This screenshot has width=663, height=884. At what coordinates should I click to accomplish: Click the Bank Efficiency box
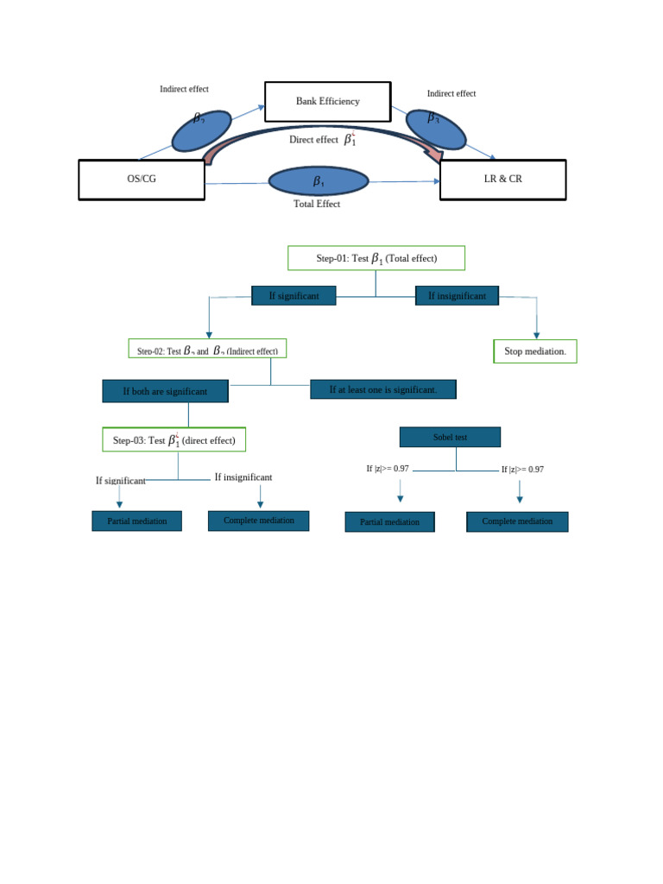[x=327, y=102]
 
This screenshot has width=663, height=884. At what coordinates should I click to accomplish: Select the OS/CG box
[x=142, y=180]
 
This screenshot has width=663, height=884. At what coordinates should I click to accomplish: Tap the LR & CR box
[x=502, y=180]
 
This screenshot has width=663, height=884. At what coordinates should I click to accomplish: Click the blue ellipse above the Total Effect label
[x=319, y=181]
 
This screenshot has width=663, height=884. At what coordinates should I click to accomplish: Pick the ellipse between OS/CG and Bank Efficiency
[x=201, y=131]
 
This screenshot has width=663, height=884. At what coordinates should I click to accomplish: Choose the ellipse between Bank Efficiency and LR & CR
[x=435, y=129]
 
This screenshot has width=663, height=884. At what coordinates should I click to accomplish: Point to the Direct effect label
[x=313, y=140]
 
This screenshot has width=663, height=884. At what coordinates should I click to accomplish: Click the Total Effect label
[x=317, y=205]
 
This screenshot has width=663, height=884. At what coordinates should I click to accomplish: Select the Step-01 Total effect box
[x=376, y=258]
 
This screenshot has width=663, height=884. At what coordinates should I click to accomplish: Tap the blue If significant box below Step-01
[x=294, y=296]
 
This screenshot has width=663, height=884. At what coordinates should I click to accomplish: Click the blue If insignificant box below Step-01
[x=457, y=296]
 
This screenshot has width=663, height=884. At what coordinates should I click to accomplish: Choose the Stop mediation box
[x=535, y=351]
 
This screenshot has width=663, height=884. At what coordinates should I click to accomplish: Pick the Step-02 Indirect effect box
[x=207, y=350]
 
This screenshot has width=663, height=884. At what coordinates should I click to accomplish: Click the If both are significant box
[x=165, y=391]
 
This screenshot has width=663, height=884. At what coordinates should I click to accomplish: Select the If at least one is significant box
[x=383, y=389]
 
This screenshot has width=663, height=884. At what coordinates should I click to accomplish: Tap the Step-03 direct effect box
[x=174, y=440]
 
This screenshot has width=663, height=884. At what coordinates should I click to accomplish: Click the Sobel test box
[x=450, y=438]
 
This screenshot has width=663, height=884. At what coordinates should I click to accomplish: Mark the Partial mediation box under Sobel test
[x=389, y=522]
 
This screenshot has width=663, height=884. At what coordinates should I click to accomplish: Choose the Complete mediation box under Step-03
[x=258, y=521]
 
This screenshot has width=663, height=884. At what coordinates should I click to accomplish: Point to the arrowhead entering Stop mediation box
[x=536, y=335]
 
